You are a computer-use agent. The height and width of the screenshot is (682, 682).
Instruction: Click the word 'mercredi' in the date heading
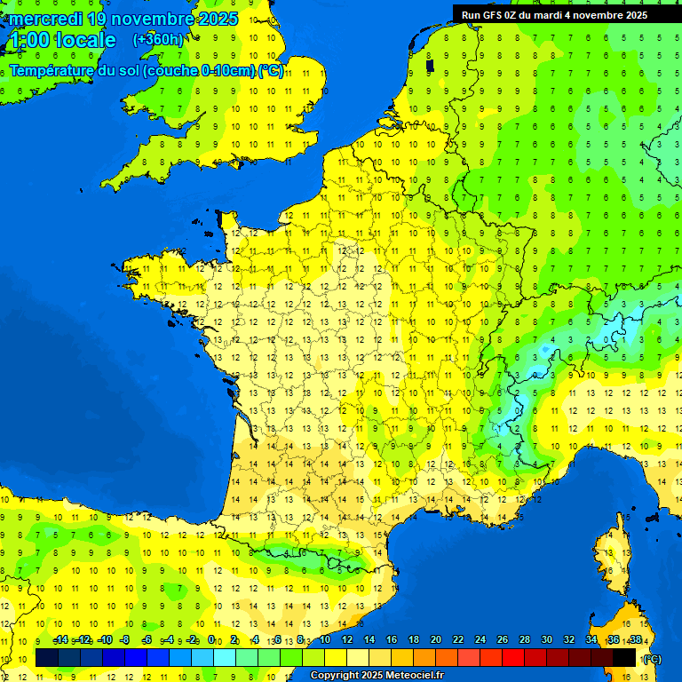click(x=49, y=19)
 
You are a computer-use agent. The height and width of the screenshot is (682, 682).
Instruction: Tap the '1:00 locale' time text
click(x=62, y=40)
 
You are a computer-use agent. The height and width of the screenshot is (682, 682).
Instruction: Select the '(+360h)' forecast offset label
click(x=158, y=40)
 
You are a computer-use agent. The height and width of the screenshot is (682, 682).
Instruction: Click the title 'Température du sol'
click(x=75, y=71)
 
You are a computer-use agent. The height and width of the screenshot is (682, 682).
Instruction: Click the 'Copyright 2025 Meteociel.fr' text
click(x=377, y=675)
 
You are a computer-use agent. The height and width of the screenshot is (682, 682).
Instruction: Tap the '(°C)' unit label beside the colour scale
click(x=651, y=658)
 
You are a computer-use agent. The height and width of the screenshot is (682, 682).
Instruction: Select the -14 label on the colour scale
click(x=60, y=639)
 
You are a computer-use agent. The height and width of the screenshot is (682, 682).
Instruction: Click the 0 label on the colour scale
click(x=211, y=639)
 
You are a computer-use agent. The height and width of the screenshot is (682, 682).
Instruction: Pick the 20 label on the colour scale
click(x=436, y=639)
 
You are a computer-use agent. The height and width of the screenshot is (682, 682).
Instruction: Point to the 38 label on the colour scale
click(x=636, y=639)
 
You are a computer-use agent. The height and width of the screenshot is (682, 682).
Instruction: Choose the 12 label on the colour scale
click(x=346, y=639)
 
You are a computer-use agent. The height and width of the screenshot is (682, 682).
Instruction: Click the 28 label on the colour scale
click(x=525, y=639)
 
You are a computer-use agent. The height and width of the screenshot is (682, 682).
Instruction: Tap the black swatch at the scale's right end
click(x=624, y=657)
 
